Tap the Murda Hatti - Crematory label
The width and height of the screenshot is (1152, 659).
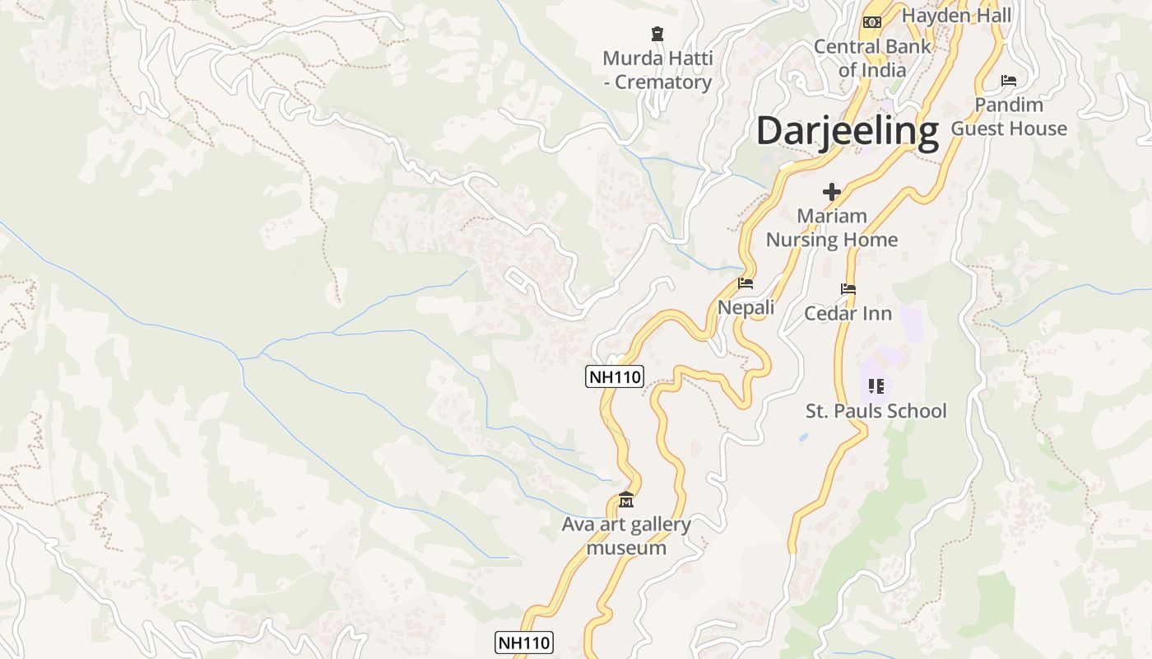(x=657, y=71)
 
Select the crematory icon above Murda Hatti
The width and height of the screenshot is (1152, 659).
(x=657, y=34)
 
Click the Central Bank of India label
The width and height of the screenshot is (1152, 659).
(x=872, y=58)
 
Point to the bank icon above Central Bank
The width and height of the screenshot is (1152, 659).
(x=872, y=21)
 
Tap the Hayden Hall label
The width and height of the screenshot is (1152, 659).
(x=956, y=15)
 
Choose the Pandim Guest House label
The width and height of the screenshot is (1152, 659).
(x=1009, y=117)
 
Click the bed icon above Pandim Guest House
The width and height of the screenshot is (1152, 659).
(x=1009, y=81)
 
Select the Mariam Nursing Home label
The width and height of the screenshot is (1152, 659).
(x=832, y=228)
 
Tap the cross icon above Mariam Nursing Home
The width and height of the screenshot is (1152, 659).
(x=832, y=192)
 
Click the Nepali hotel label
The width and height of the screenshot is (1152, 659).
(x=746, y=307)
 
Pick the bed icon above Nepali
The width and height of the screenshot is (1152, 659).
(x=746, y=283)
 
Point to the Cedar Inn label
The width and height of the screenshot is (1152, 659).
(x=848, y=313)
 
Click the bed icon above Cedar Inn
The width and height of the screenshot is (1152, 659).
(x=848, y=289)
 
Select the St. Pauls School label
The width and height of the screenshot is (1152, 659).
(x=876, y=410)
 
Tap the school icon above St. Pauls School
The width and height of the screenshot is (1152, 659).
(x=876, y=386)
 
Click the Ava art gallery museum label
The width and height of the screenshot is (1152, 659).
(x=626, y=535)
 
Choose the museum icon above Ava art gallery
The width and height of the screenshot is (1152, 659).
(x=626, y=500)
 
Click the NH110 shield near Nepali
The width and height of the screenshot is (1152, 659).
(x=615, y=376)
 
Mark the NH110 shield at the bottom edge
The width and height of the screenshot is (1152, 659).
(x=524, y=643)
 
